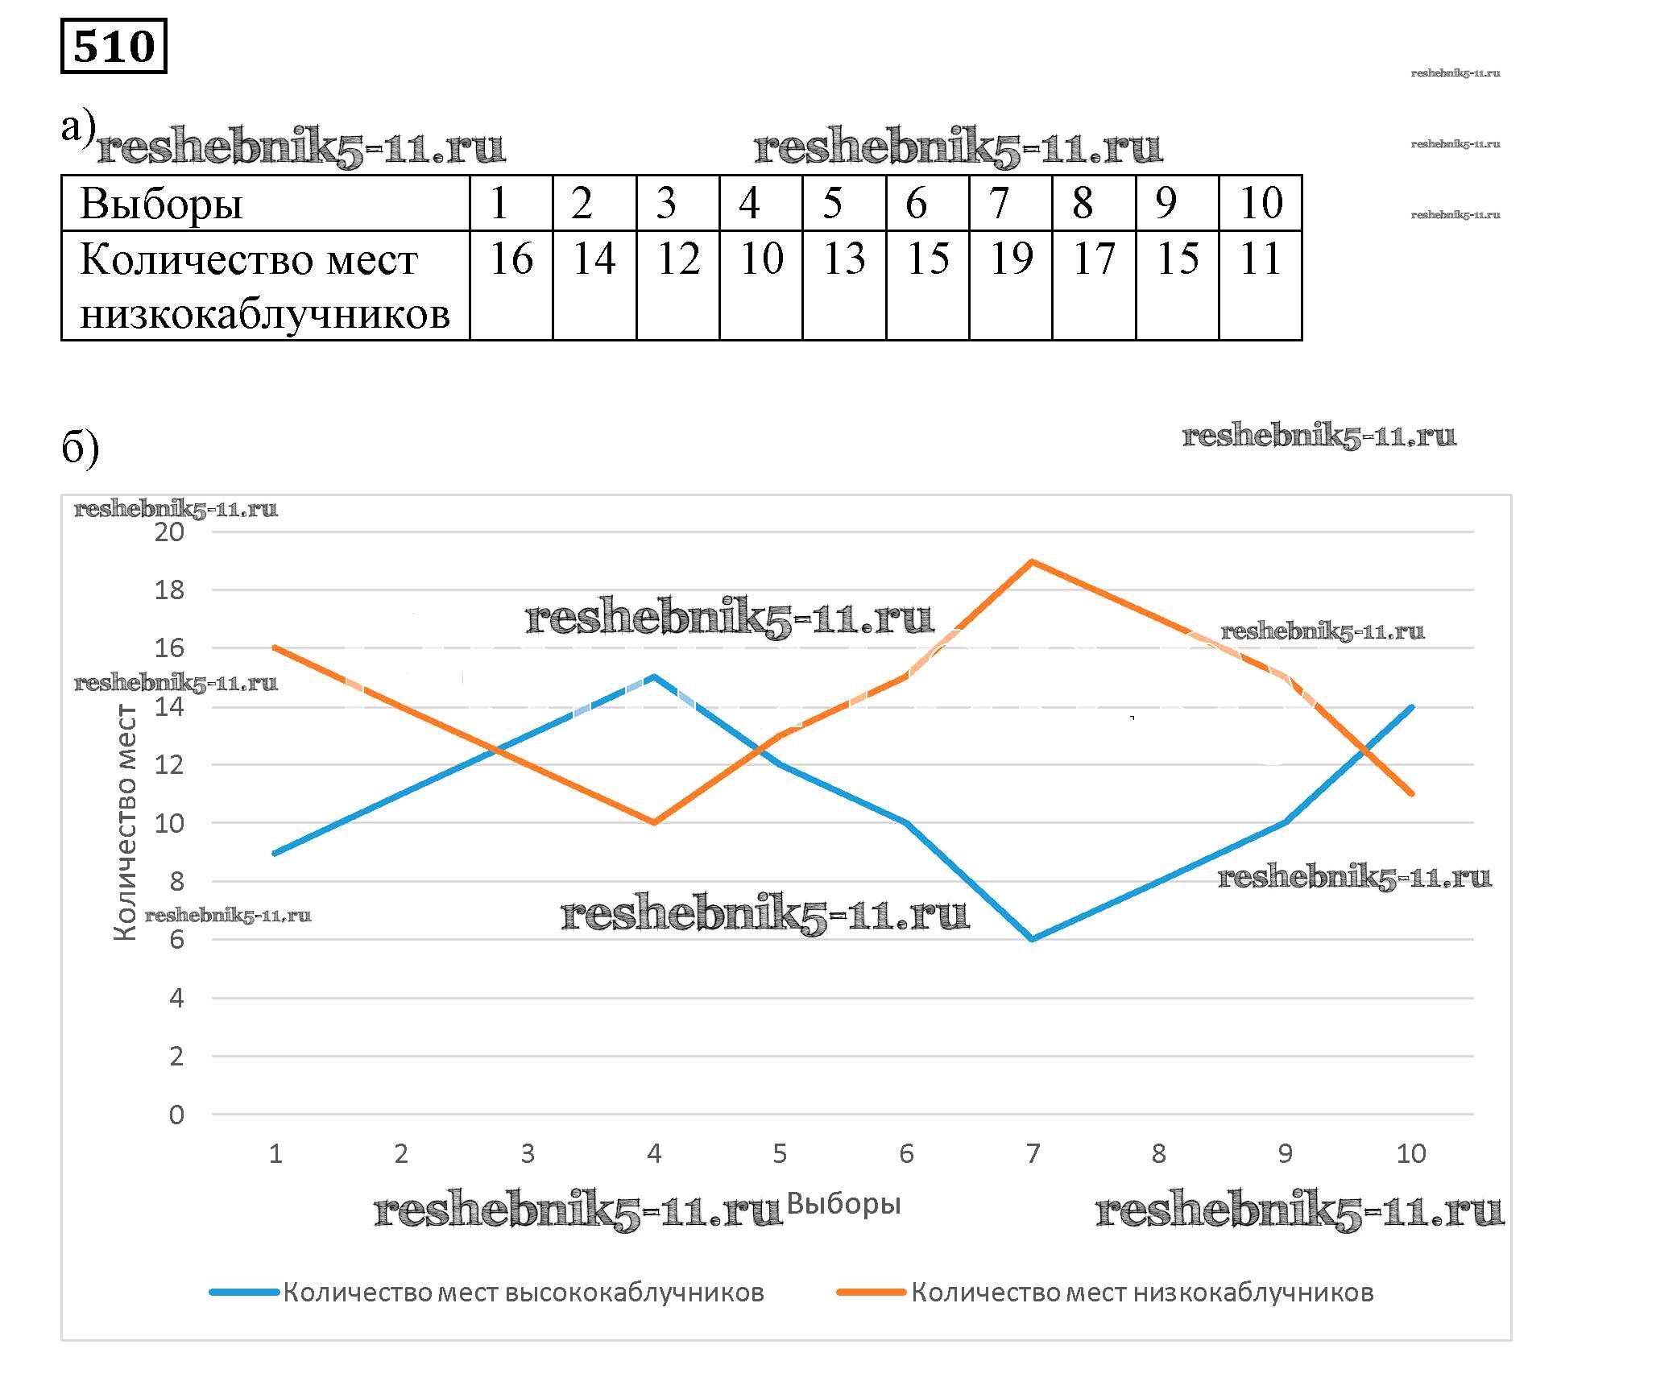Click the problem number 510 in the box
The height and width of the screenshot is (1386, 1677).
coord(114,47)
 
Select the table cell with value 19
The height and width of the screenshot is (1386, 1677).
coord(1011,259)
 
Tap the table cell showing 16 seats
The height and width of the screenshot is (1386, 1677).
coord(511,259)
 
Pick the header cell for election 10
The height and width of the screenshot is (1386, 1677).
coord(1261,203)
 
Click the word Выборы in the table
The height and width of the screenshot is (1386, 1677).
coord(161,204)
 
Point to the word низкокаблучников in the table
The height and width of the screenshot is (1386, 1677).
coord(265,314)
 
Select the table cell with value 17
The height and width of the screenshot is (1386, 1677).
coord(1094,259)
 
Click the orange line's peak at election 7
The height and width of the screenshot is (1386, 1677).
coord(1032,561)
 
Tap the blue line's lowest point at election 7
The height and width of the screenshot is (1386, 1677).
coord(1032,939)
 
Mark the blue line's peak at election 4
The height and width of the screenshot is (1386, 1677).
coord(654,676)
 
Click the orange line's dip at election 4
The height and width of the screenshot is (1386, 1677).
coord(654,822)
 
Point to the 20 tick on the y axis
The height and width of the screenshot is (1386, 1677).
coord(169,532)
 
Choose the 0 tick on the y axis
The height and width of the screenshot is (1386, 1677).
coord(176,1115)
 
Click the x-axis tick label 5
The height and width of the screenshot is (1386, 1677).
coord(780,1154)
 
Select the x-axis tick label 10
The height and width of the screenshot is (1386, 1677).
coord(1411,1154)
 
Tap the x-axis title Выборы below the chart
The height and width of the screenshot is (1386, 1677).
coord(843,1204)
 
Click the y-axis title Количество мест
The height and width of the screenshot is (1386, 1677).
coord(125,822)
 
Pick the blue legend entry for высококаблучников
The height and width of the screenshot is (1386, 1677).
coord(523,1293)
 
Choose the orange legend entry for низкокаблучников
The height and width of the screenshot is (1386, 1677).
coord(1141,1293)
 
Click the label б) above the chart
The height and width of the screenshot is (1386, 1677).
coord(80,448)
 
